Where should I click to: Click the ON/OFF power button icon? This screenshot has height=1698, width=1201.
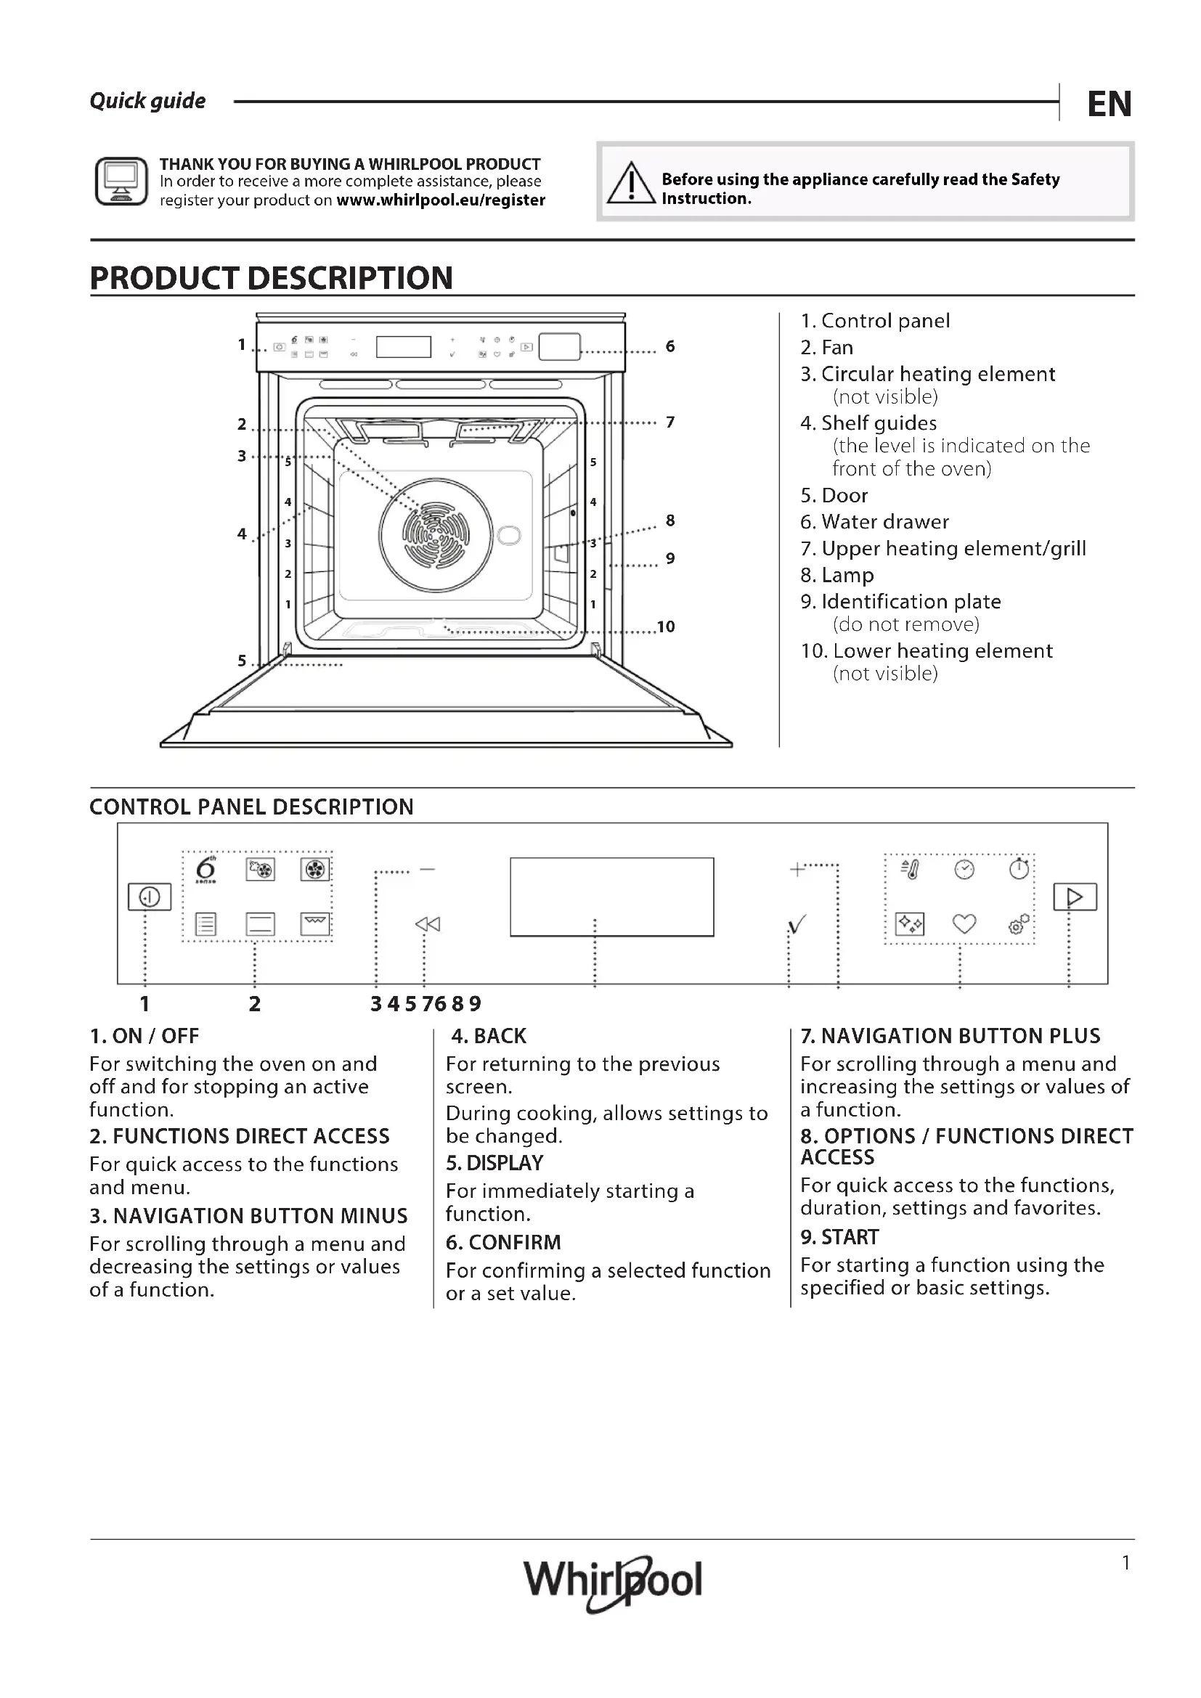point(150,897)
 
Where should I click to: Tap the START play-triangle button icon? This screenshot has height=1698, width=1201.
point(1075,897)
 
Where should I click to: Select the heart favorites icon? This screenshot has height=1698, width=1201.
point(964,923)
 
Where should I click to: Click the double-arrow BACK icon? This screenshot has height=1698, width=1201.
point(428,923)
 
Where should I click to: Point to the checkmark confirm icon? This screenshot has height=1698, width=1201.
point(797,923)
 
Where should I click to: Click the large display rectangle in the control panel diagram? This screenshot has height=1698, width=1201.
point(611,897)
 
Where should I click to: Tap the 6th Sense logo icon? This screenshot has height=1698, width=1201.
point(206,870)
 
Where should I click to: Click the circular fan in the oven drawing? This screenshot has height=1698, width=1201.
point(436,535)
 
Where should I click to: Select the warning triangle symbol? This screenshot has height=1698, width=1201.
point(631,184)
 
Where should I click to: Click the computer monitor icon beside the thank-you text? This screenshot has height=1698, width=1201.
point(121,181)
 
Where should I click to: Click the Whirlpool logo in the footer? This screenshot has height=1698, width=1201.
point(612,1580)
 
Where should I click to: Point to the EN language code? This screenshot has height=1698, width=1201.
point(1110,105)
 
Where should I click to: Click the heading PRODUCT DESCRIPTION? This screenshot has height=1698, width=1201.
point(272,278)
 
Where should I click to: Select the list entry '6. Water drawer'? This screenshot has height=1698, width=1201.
point(874,522)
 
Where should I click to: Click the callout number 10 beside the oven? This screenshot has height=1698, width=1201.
point(666,627)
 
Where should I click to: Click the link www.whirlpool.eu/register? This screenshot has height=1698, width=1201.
point(441,200)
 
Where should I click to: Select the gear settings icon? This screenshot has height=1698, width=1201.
point(1018,923)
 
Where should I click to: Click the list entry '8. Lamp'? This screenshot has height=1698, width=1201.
point(837,576)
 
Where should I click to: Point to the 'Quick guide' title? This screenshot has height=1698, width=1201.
point(148,102)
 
